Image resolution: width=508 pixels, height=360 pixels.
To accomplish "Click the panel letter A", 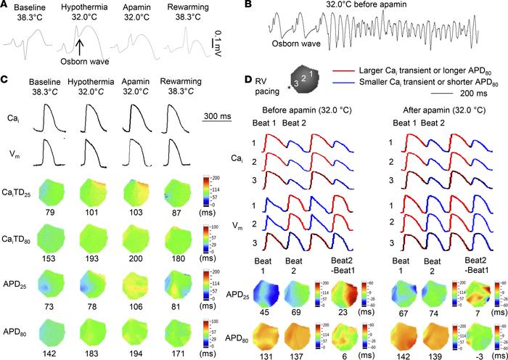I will click(6, 6).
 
